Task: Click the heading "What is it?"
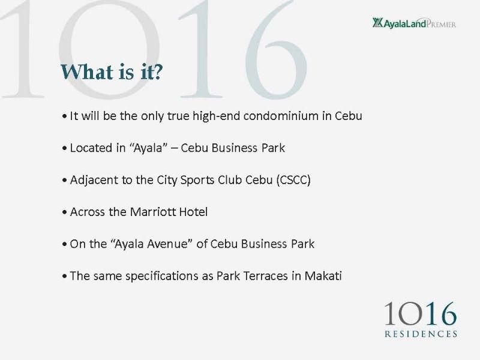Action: point(112,72)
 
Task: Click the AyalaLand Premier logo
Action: point(414,23)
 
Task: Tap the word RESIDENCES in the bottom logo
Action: point(421,334)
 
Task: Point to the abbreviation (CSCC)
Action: point(293,180)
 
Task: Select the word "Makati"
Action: point(323,276)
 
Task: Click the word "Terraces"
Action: point(266,276)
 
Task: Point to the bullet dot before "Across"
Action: point(64,212)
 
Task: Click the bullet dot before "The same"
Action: point(64,276)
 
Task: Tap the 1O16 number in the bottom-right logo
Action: point(421,314)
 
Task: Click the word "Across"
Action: point(88,212)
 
